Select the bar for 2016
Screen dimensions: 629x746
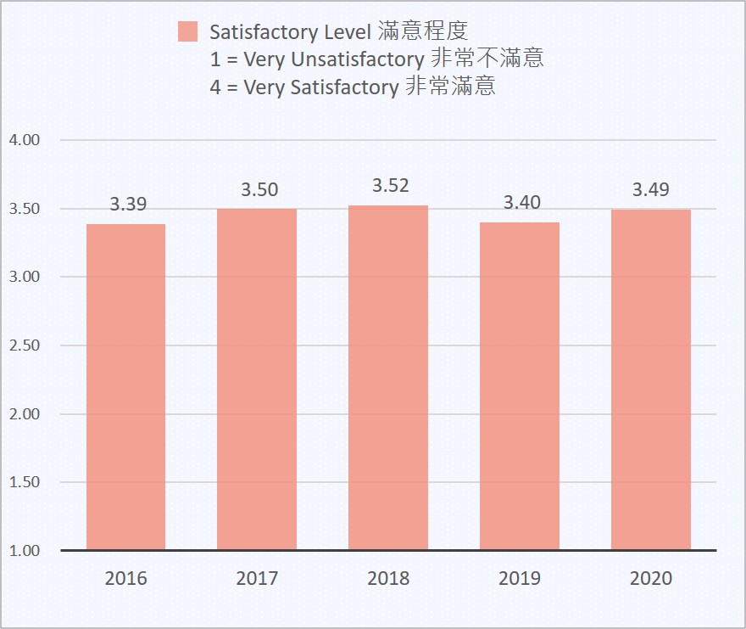tap(125, 386)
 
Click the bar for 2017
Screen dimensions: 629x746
tap(257, 379)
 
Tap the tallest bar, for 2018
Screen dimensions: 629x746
tap(388, 378)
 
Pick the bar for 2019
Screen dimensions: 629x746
tap(520, 386)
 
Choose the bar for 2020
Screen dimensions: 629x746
tap(651, 379)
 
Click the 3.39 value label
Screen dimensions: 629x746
tap(128, 204)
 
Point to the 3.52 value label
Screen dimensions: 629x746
tap(391, 186)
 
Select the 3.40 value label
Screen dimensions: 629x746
tap(522, 202)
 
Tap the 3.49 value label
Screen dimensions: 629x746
tap(651, 189)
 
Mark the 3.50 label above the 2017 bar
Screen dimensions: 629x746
tap(259, 189)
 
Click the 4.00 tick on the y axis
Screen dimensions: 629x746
tap(25, 140)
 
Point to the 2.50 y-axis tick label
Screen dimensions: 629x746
tap(25, 345)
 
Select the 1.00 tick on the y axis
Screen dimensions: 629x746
tap(25, 551)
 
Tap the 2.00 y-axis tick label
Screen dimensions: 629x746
tap(25, 414)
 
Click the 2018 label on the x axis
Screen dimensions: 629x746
tap(388, 578)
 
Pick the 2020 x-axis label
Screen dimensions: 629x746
tap(651, 578)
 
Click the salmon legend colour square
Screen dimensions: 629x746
tap(187, 32)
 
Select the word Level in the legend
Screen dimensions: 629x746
tap(343, 33)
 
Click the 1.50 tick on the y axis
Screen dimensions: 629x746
tap(25, 482)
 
